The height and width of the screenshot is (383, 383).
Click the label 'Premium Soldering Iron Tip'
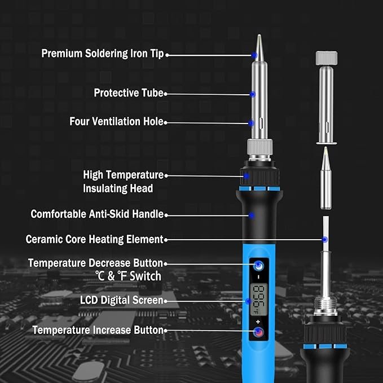102,54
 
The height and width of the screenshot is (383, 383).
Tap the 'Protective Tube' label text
129,93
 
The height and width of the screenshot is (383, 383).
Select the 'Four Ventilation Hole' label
116,121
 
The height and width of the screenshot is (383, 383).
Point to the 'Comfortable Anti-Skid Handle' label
97,214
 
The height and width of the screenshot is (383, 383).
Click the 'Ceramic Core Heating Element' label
94,239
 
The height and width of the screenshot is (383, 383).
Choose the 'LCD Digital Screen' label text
121,300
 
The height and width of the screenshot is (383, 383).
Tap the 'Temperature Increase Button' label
98,330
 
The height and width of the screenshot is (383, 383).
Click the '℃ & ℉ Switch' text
128,276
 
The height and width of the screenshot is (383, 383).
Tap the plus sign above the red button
258,322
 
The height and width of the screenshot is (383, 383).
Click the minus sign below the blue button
259,277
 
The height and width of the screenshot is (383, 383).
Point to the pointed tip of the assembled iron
259,35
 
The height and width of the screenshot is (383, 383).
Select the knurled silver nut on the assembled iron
259,147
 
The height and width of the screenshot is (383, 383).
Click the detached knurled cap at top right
327,58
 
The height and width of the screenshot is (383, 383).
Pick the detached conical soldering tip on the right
326,178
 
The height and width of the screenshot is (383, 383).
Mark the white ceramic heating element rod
325,234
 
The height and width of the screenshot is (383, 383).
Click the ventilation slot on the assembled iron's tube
262,123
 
